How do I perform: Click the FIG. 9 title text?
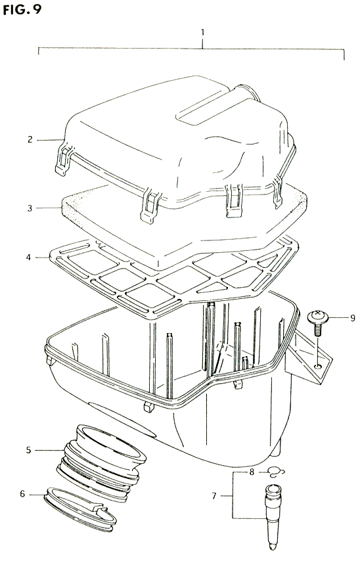(x=22, y=9)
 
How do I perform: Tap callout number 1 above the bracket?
(x=202, y=33)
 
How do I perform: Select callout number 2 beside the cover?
(x=30, y=139)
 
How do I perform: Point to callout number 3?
(x=30, y=208)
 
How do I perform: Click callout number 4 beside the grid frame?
(x=29, y=257)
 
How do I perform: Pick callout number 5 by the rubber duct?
(x=29, y=450)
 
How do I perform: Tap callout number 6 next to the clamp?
(x=22, y=494)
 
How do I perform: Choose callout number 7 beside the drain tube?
(x=214, y=496)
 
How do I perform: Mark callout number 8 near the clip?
(x=252, y=472)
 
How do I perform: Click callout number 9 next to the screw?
(x=353, y=317)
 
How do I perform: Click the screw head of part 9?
(x=316, y=316)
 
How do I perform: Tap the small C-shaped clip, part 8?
(x=277, y=472)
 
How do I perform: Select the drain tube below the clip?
(x=273, y=516)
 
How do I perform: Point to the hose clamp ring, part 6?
(x=80, y=509)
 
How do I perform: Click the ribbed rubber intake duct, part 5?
(x=101, y=462)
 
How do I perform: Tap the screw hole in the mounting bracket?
(x=317, y=366)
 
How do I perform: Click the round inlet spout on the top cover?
(x=247, y=93)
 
